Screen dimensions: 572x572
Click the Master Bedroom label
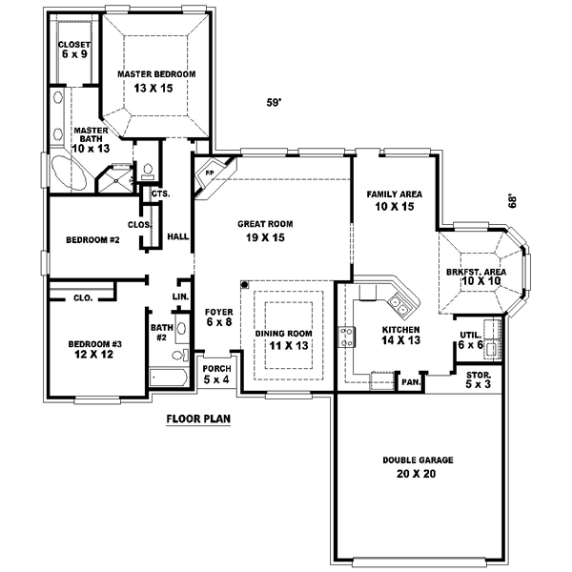pos(156,73)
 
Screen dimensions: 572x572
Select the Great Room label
pos(265,223)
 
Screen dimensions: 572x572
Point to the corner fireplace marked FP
pos(209,175)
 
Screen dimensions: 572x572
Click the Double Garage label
pos(418,460)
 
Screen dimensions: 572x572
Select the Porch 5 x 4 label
pos(216,373)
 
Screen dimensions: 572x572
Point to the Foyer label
pos(219,312)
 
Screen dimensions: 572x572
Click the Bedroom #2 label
pos(92,239)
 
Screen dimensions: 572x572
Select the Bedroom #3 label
pos(93,344)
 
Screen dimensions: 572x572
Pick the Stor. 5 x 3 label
pos(478,379)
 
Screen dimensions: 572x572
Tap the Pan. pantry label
pos(410,382)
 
